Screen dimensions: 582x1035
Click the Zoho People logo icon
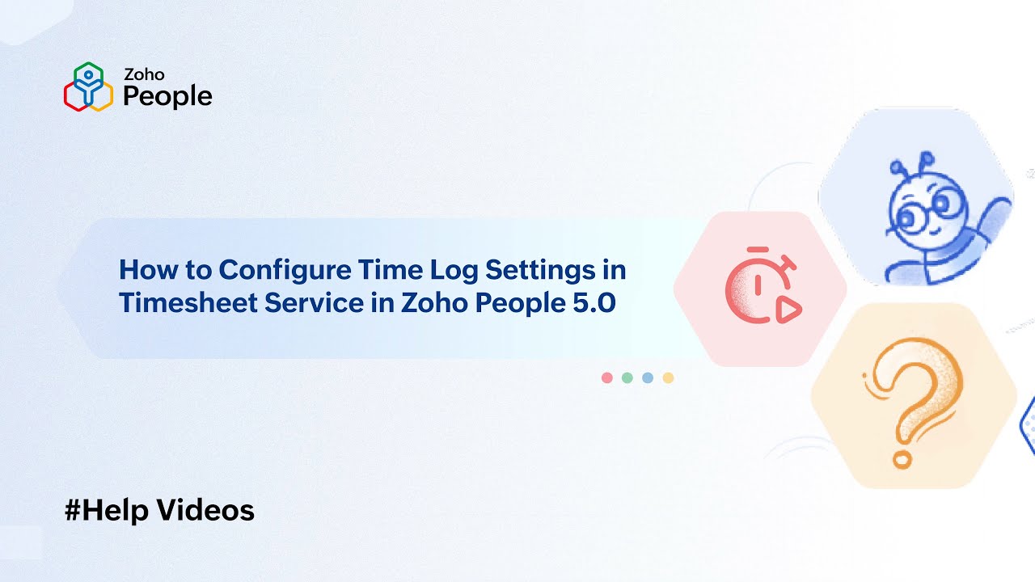click(88, 86)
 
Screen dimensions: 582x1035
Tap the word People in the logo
click(167, 96)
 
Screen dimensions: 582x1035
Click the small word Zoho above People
click(143, 74)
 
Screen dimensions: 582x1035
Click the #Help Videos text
click(159, 510)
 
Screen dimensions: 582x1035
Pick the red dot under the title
click(607, 377)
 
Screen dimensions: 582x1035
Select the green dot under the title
click(627, 377)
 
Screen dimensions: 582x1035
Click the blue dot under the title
click(648, 377)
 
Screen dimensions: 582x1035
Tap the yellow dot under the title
click(668, 377)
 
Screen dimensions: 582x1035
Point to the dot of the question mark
click(901, 460)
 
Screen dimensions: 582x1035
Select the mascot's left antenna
click(898, 169)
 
